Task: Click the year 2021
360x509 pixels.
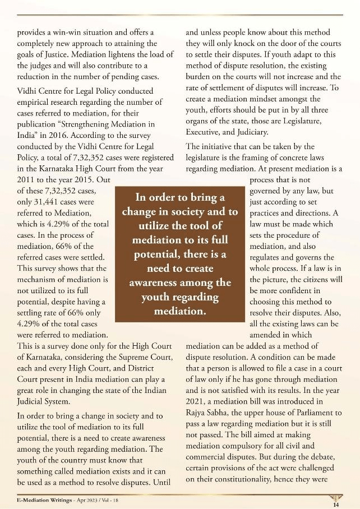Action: [196, 400]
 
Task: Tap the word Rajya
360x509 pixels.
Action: [197, 411]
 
